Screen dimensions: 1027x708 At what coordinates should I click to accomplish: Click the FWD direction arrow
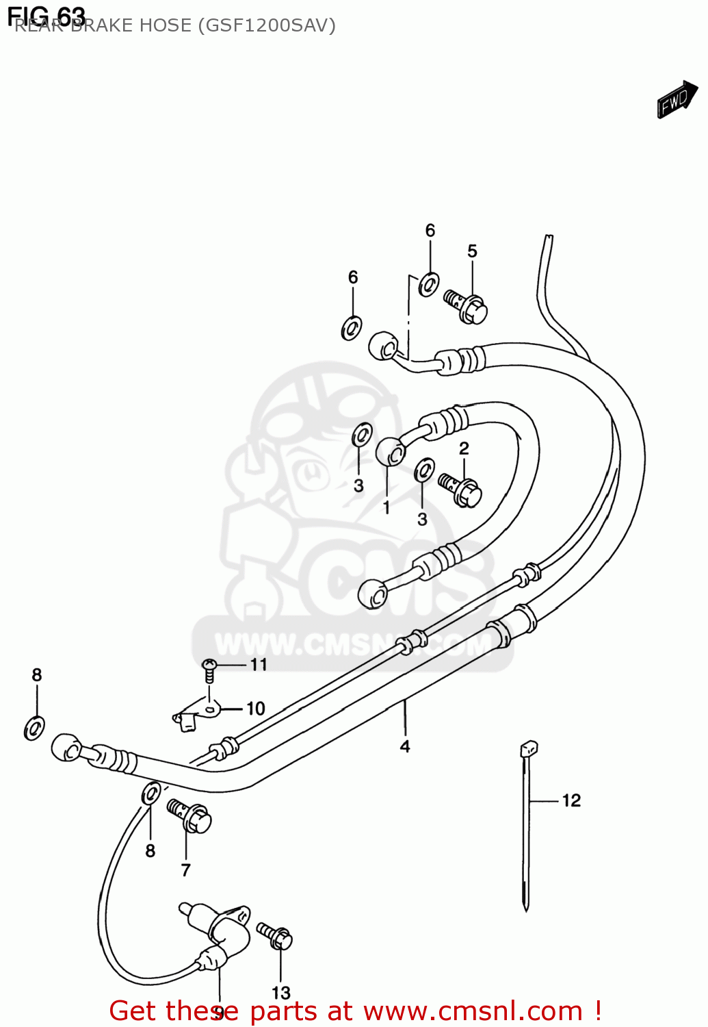[677, 101]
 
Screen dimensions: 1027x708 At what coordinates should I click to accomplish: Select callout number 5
[472, 251]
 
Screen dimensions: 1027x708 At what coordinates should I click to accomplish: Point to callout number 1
[386, 507]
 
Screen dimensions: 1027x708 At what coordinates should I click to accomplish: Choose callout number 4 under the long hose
[405, 746]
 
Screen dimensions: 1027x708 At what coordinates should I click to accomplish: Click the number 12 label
[571, 800]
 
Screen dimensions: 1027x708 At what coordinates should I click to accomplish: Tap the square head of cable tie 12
[529, 748]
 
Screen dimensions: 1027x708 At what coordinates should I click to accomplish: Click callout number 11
[259, 664]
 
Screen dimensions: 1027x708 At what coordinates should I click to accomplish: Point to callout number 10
[255, 708]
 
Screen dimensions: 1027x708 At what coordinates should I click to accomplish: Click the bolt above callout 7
[189, 815]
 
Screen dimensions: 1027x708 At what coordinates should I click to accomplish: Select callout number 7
[185, 870]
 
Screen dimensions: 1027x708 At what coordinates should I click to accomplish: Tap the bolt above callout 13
[275, 935]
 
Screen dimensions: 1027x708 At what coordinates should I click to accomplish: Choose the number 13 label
[280, 992]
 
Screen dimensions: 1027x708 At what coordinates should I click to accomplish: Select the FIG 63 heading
[47, 15]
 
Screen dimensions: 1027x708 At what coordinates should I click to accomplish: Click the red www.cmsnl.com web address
[473, 1011]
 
